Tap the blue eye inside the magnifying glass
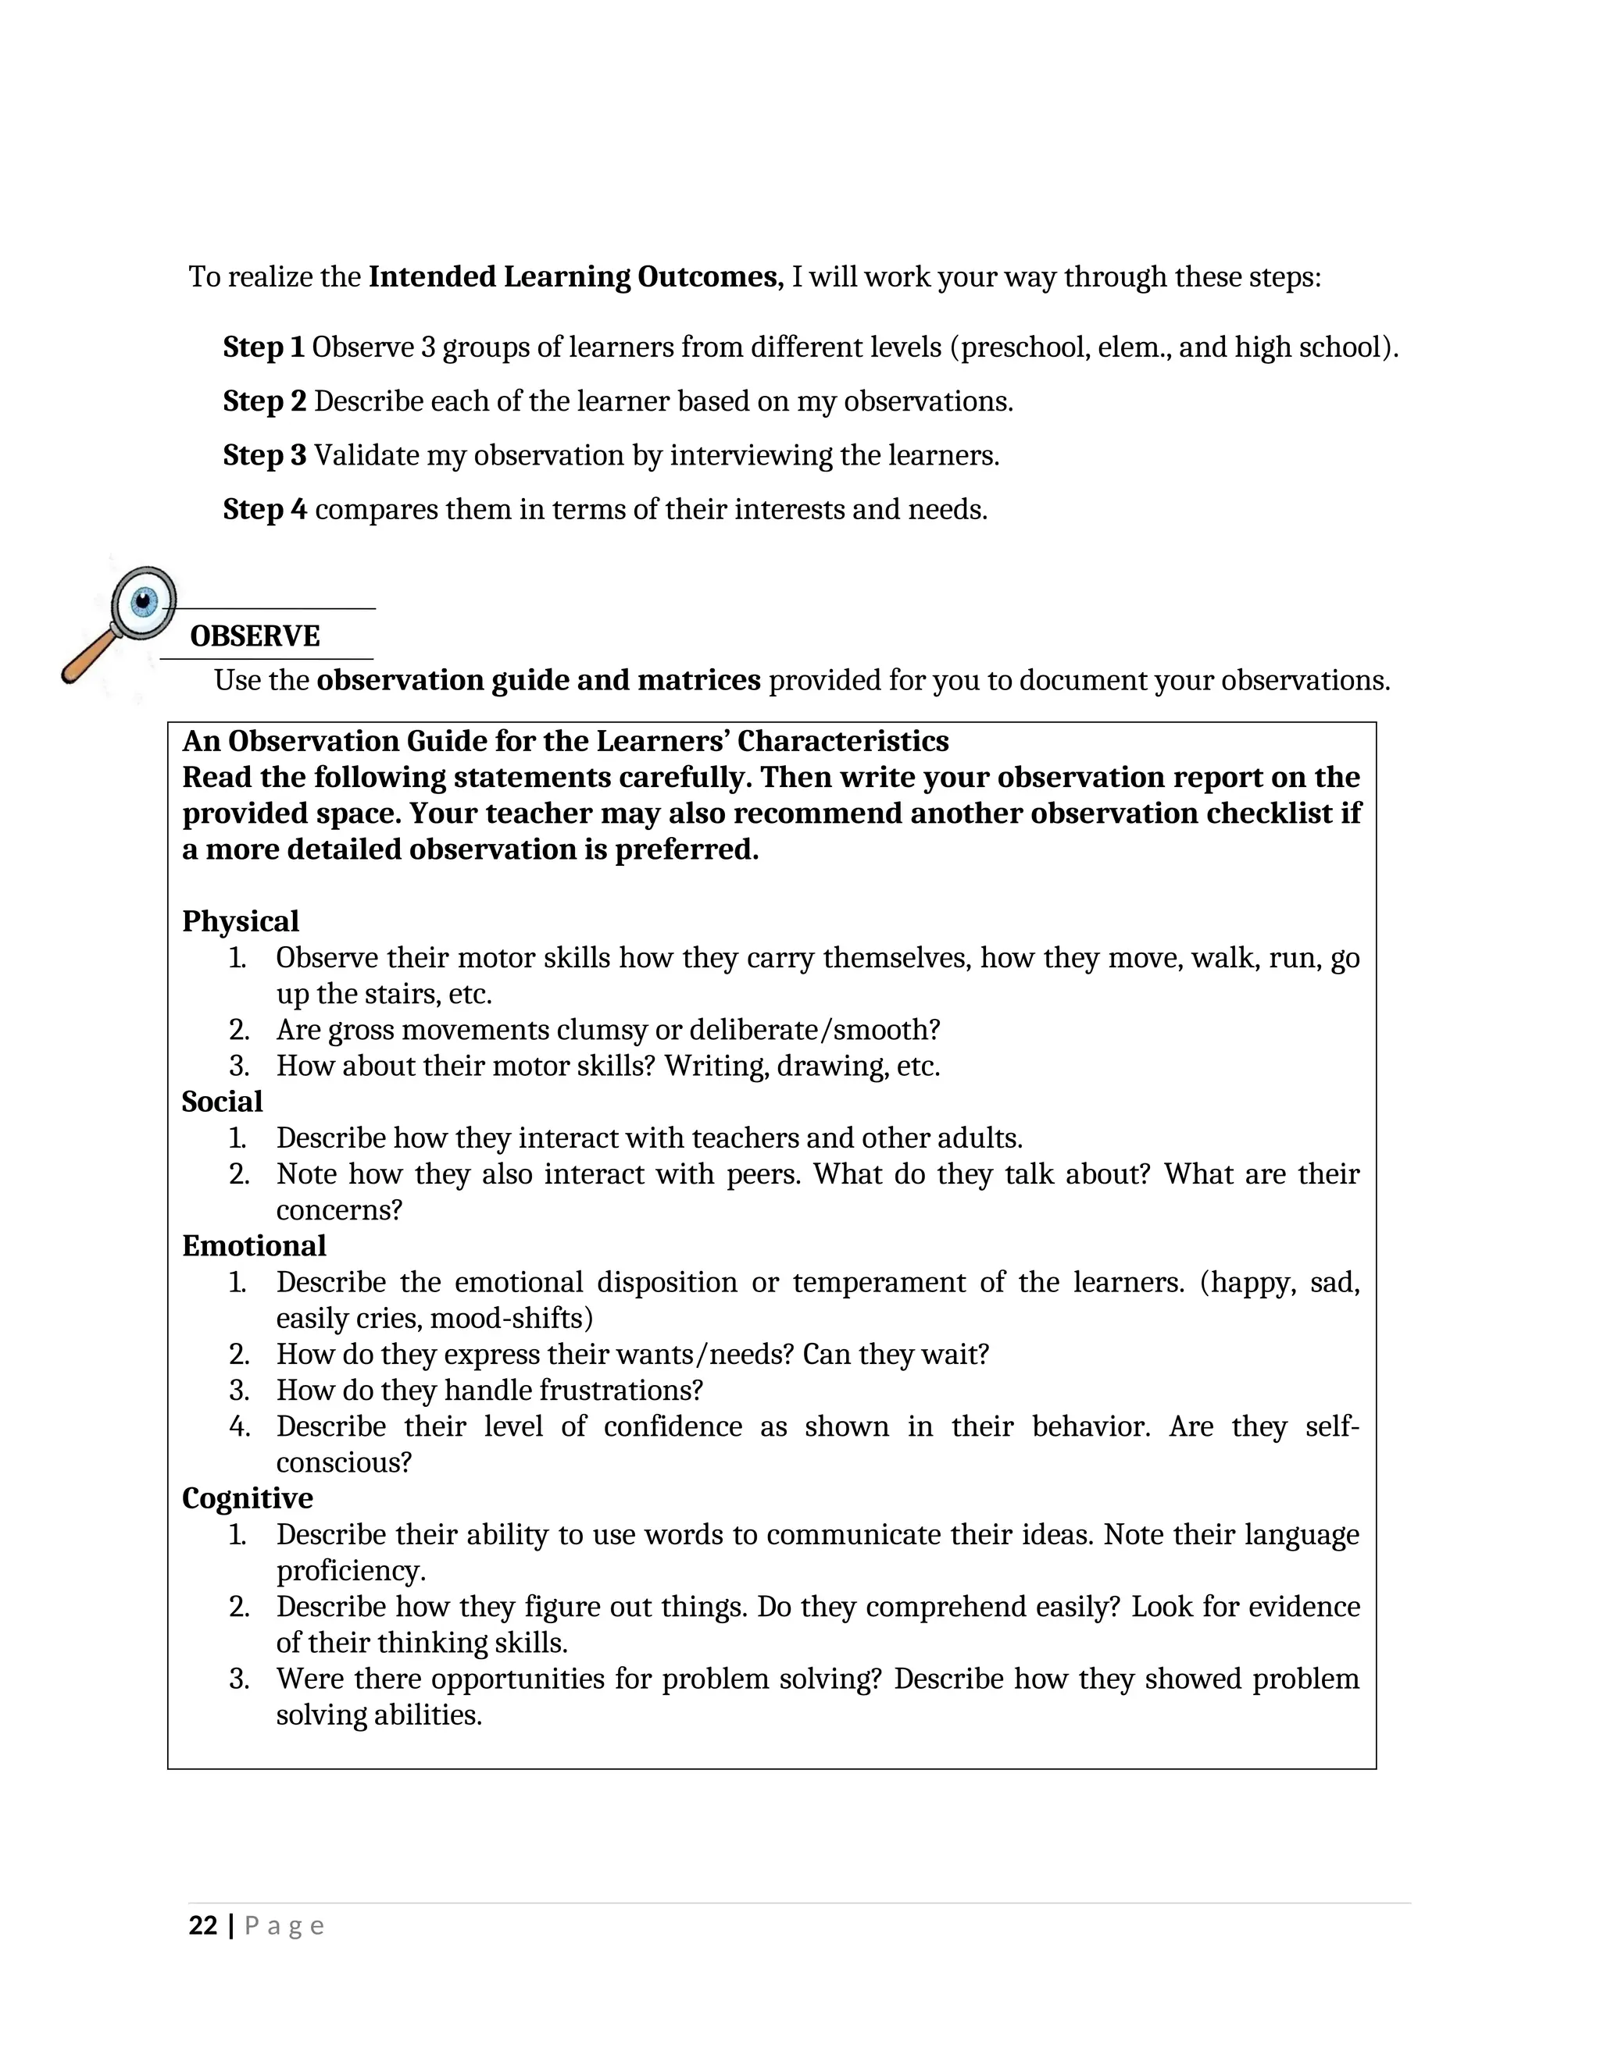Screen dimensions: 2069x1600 144,600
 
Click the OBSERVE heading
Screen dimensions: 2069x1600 255,636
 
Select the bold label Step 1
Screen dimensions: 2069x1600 263,347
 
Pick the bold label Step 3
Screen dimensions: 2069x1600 265,456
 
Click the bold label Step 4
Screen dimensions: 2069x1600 265,510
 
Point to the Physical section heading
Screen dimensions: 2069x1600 240,921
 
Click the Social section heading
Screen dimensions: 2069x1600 222,1102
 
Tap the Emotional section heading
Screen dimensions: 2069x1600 254,1246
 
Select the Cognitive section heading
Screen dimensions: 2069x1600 248,1497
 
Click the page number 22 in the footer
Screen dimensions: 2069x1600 203,1926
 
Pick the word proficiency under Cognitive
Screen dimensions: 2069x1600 351,1571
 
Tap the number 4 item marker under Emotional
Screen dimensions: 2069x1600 239,1426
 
